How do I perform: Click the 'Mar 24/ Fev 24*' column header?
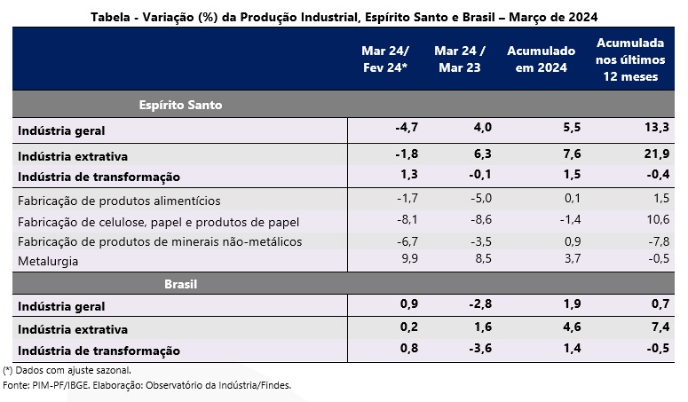(x=379, y=59)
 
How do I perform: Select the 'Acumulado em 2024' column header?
(x=541, y=59)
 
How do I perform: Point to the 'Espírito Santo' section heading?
(x=180, y=105)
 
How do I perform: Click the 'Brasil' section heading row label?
(x=180, y=285)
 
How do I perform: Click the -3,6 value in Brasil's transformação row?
(x=477, y=351)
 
